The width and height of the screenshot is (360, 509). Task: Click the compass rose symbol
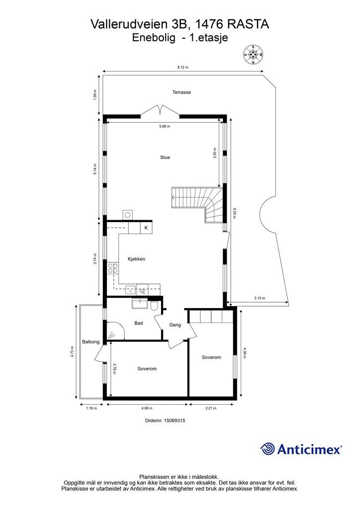click(x=254, y=55)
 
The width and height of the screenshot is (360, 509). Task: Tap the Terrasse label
click(x=181, y=92)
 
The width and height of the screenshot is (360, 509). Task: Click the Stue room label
click(x=165, y=157)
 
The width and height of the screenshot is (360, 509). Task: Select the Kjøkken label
click(x=136, y=258)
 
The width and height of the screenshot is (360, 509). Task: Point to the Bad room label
click(x=139, y=323)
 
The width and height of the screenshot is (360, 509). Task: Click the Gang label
click(x=175, y=325)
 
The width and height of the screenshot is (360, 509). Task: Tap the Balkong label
click(x=91, y=341)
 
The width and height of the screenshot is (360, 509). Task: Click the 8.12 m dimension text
click(x=183, y=67)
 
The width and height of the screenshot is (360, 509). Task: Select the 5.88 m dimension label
click(x=165, y=126)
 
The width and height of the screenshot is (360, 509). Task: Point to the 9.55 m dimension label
click(x=234, y=212)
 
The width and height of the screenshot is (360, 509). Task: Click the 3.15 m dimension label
click(x=259, y=298)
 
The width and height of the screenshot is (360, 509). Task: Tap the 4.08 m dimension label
click(x=146, y=408)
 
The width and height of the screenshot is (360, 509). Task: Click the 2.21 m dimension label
click(x=211, y=408)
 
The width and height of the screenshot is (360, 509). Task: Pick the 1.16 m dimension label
click(x=91, y=408)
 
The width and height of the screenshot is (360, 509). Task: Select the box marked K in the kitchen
click(x=146, y=228)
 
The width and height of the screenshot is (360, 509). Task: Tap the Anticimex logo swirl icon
click(x=268, y=449)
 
